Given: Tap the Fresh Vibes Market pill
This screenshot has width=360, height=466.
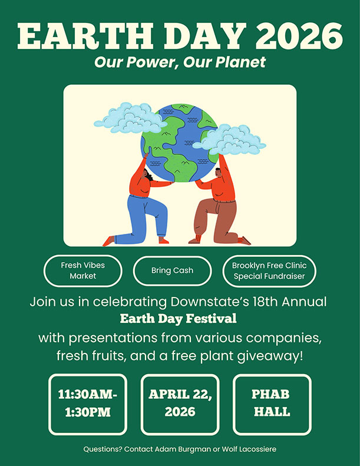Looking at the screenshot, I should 83,270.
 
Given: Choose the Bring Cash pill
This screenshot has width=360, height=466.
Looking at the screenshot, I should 172,270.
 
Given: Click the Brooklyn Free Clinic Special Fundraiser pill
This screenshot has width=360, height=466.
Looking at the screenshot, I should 269,270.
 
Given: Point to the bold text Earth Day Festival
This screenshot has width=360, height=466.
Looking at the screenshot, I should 178,319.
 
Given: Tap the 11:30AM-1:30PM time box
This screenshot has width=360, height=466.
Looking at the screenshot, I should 88,404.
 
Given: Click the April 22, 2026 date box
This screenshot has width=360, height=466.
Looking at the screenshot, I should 180,404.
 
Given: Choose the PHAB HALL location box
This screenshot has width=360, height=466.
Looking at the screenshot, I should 272,404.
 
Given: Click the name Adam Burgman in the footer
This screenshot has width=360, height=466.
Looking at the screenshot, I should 176,450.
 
